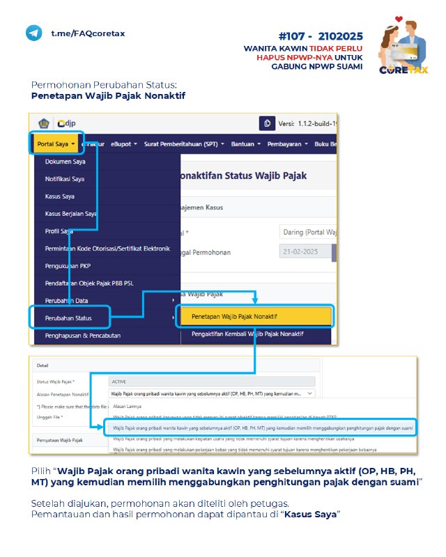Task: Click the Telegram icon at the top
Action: [33, 33]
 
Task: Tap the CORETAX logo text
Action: [404, 70]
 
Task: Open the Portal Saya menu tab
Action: [56, 144]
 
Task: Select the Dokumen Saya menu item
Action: [65, 162]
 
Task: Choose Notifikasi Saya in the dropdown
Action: [65, 179]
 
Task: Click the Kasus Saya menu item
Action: [60, 196]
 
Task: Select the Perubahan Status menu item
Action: [68, 317]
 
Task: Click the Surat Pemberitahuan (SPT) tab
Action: [184, 144]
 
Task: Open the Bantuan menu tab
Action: [244, 144]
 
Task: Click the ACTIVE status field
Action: [211, 382]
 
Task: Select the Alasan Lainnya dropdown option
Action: [128, 406]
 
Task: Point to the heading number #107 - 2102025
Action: [321, 36]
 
